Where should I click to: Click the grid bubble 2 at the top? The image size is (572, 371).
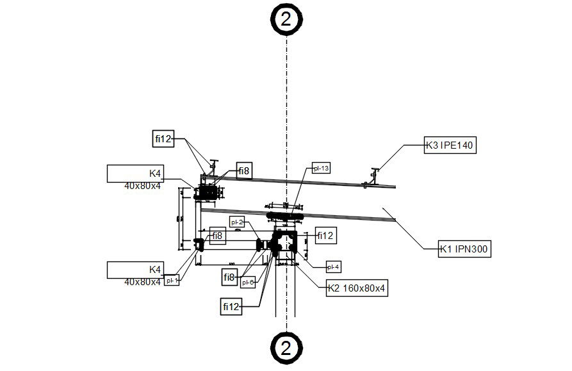click(x=286, y=19)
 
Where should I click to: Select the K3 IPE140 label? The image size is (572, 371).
click(x=449, y=145)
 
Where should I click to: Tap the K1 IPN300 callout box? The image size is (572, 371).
click(x=464, y=249)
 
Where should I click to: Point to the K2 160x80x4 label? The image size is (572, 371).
click(x=356, y=288)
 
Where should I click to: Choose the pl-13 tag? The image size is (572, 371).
click(x=321, y=169)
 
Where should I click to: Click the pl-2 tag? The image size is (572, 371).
click(x=237, y=222)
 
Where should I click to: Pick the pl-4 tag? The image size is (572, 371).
click(x=333, y=267)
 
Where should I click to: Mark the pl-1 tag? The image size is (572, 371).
click(x=172, y=280)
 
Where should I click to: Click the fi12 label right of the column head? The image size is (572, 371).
click(x=325, y=236)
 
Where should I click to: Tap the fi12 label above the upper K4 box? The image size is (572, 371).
click(x=163, y=138)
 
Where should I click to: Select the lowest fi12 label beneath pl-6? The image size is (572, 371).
click(x=231, y=307)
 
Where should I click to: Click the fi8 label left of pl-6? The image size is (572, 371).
click(x=230, y=277)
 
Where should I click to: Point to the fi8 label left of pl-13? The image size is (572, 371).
click(x=244, y=170)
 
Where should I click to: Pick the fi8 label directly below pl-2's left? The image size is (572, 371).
click(x=217, y=236)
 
